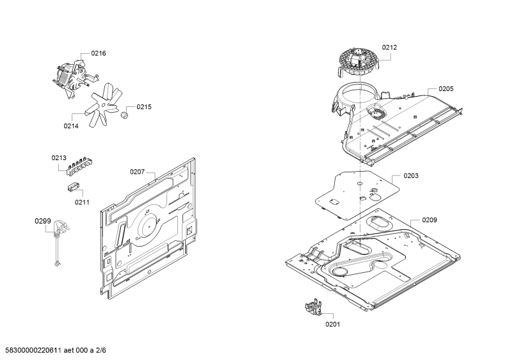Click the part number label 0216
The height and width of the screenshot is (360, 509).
pyautogui.click(x=99, y=53)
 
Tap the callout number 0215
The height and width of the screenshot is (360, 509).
pyautogui.click(x=144, y=107)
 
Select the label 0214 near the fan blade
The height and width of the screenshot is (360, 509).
pyautogui.click(x=71, y=126)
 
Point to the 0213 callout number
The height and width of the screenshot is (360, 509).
pyautogui.click(x=59, y=158)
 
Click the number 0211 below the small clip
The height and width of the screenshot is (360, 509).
pyautogui.click(x=82, y=202)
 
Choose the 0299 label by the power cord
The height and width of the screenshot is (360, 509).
pyautogui.click(x=43, y=221)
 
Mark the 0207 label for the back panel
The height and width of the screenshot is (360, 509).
pyautogui.click(x=137, y=172)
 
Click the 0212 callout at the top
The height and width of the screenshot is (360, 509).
pyautogui.click(x=389, y=47)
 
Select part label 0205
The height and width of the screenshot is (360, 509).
pyautogui.click(x=446, y=89)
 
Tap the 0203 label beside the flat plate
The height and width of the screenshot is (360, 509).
pyautogui.click(x=411, y=176)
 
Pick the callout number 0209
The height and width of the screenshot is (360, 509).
pyautogui.click(x=430, y=220)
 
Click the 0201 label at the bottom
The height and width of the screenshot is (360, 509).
pyautogui.click(x=333, y=324)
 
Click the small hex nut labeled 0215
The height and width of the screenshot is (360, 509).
pyautogui.click(x=124, y=115)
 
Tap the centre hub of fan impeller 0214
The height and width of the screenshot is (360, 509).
pyautogui.click(x=103, y=104)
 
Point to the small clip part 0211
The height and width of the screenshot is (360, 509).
pyautogui.click(x=73, y=187)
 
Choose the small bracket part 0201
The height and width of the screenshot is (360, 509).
pyautogui.click(x=313, y=307)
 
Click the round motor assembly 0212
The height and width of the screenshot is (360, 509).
pyautogui.click(x=359, y=62)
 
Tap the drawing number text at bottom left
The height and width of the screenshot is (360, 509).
pyautogui.click(x=53, y=350)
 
